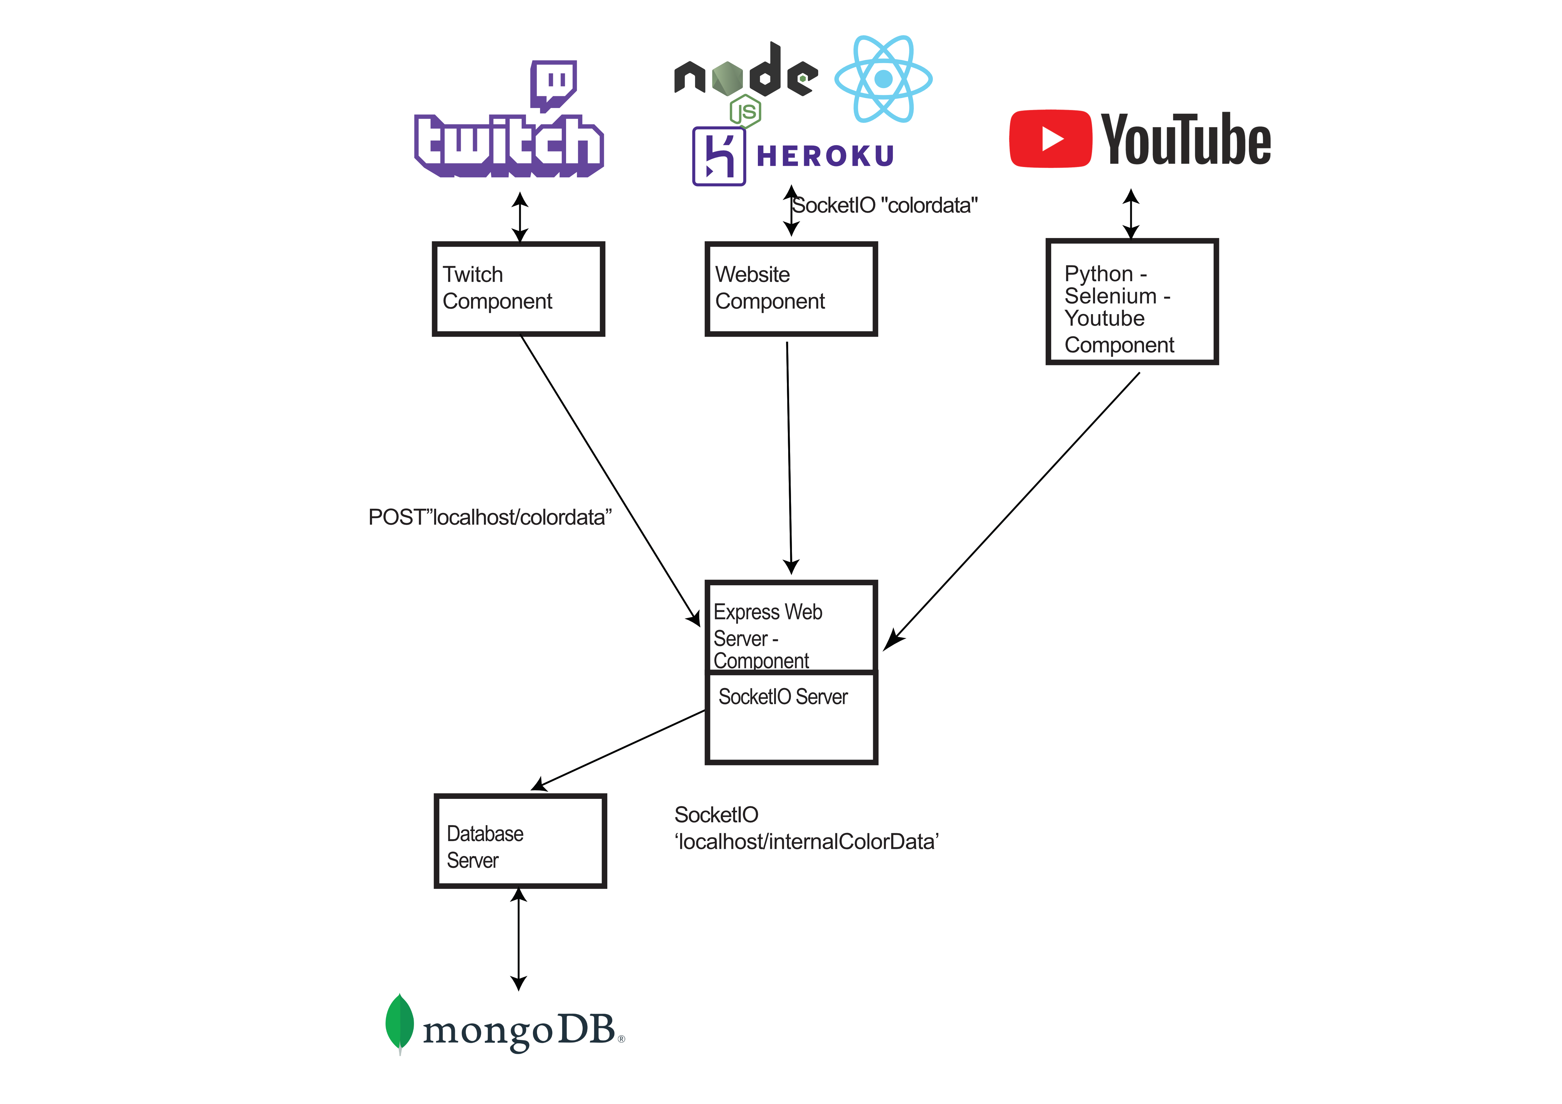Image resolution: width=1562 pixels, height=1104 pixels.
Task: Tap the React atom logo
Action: coord(883,79)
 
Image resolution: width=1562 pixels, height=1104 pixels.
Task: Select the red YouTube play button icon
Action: coord(1050,139)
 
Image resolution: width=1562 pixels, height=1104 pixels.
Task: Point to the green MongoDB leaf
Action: coord(399,1022)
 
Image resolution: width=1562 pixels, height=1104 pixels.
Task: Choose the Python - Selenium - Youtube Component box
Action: coord(1132,301)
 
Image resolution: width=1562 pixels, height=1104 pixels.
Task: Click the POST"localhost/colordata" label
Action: coord(490,518)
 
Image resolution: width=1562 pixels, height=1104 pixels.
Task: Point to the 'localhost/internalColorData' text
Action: coord(806,842)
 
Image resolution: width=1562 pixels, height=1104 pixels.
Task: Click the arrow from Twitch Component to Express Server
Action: coord(609,480)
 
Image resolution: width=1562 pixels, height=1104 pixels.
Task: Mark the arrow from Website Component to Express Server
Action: coord(789,456)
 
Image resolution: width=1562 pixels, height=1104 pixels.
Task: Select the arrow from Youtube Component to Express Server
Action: coord(1014,510)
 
